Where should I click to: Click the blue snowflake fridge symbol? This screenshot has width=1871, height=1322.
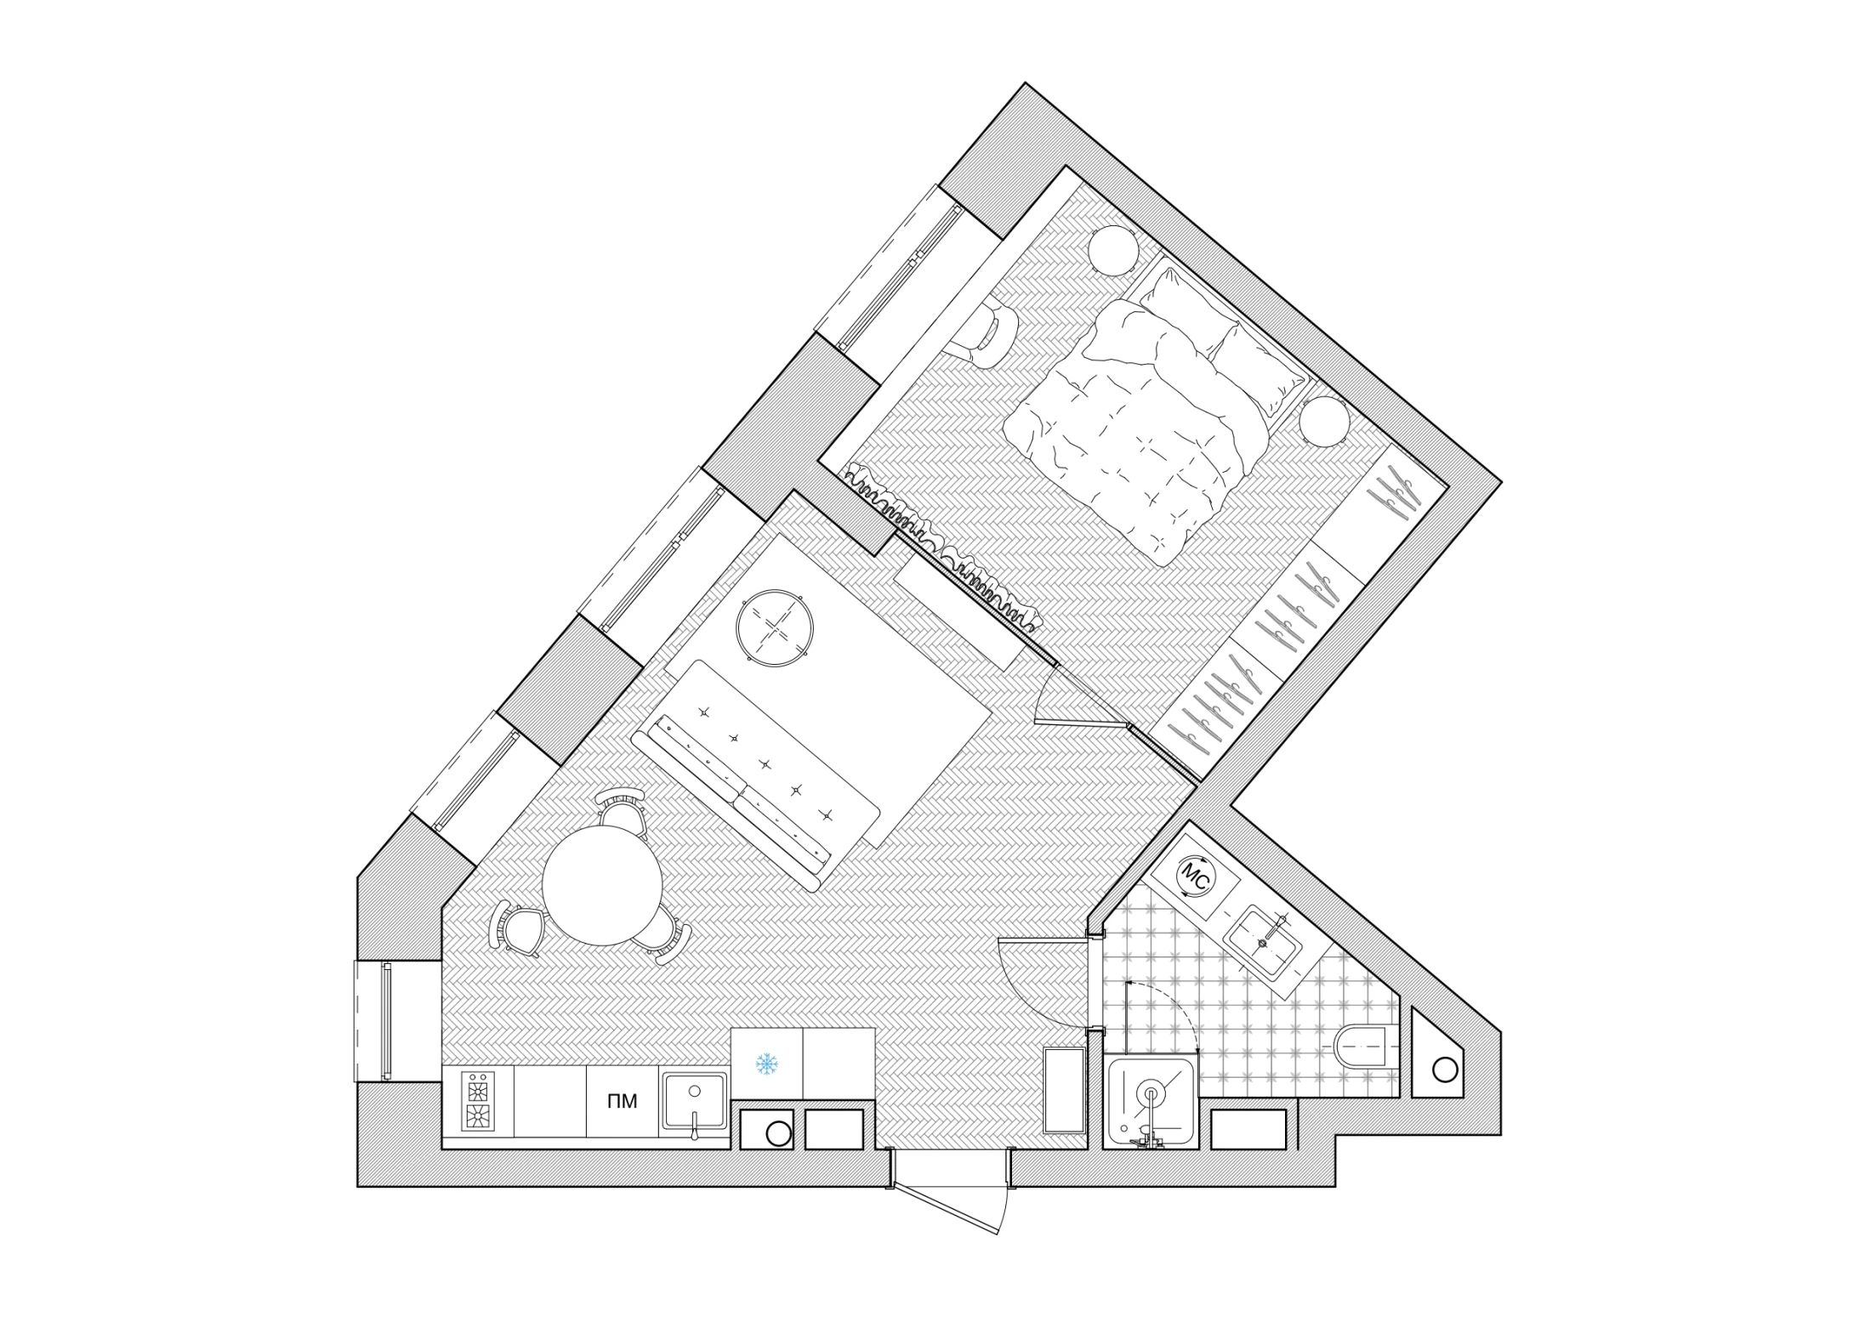tap(767, 1064)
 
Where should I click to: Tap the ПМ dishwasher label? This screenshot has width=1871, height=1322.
tap(622, 1102)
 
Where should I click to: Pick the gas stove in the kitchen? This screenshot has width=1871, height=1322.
tap(477, 1102)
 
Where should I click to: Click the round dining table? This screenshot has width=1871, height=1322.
tap(602, 885)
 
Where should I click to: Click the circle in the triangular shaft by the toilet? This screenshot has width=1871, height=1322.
tap(1444, 1070)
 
